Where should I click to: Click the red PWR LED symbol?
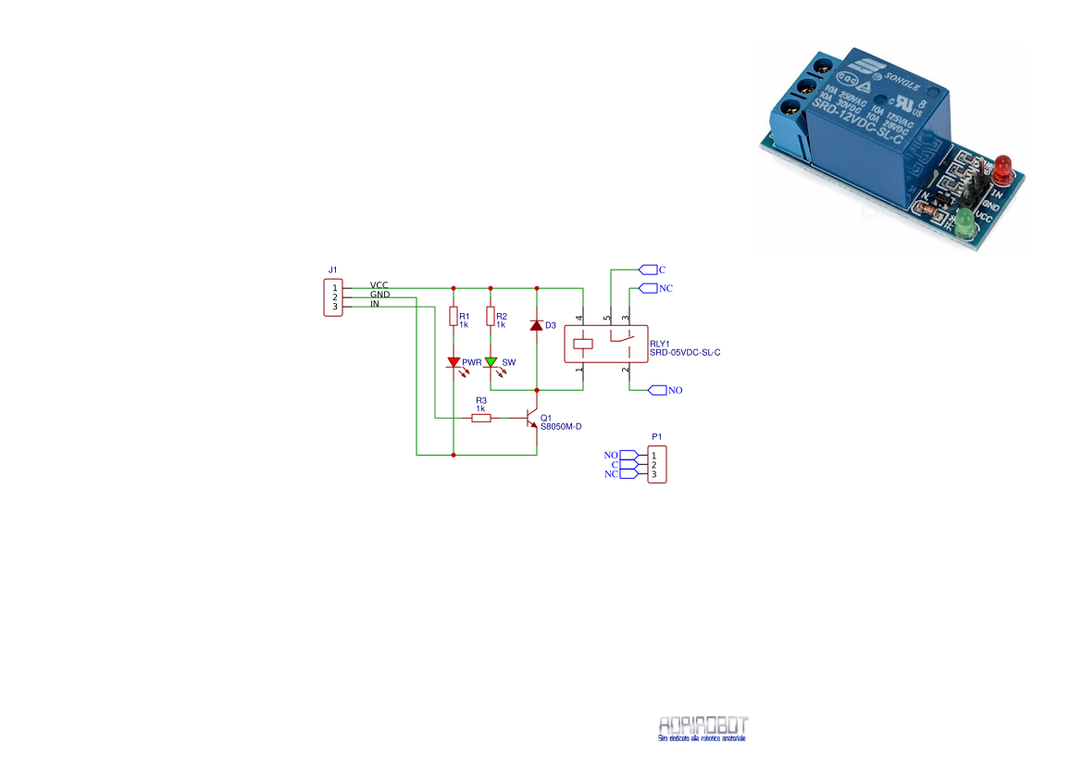(x=454, y=362)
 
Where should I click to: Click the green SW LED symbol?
(x=491, y=362)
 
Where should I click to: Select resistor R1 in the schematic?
(x=454, y=317)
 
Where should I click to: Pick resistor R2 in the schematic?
(x=491, y=317)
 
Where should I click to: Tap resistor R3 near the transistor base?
(x=480, y=418)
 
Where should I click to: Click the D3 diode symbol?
(x=537, y=325)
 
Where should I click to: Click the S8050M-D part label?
(x=560, y=426)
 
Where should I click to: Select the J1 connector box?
(x=333, y=297)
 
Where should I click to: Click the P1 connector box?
(x=656, y=464)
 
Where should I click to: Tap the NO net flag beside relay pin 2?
(x=657, y=390)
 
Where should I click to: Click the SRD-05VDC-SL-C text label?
(x=684, y=352)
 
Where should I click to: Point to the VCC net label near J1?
(x=379, y=284)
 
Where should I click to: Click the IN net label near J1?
(x=374, y=304)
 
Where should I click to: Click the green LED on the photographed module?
(x=965, y=222)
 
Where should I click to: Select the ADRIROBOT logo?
(x=703, y=727)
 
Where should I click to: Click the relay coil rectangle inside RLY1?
(x=583, y=343)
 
